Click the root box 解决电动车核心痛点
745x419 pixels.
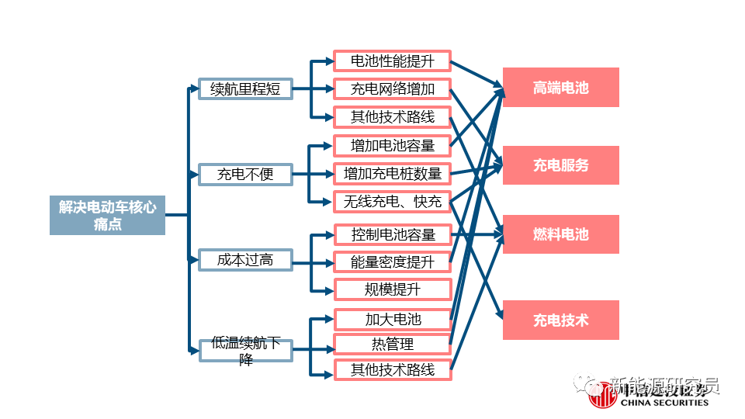pos(107,215)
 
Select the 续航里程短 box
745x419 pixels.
pos(244,88)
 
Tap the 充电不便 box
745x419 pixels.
pos(244,174)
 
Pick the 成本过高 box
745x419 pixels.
pos(244,259)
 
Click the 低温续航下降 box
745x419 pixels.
pos(244,350)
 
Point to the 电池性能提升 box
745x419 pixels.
pos(393,61)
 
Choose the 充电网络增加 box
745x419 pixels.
pos(393,88)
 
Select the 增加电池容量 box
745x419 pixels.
pos(393,145)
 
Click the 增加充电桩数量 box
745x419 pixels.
pos(393,173)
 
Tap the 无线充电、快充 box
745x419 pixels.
pos(393,202)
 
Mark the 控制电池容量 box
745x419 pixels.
pos(393,234)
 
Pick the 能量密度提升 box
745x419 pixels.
pos(393,261)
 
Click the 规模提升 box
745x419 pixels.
pos(393,289)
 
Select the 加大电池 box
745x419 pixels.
pos(393,318)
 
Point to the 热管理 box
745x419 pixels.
pos(393,344)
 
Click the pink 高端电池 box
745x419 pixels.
pos(560,87)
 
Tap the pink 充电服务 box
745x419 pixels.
pos(560,164)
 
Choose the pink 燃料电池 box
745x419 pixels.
pos(560,234)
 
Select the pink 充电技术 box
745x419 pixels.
pos(560,319)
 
